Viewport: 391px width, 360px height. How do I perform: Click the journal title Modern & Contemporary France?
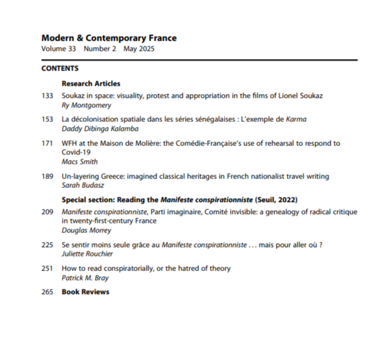pyautogui.click(x=109, y=38)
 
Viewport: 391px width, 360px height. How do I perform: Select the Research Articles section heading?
pyautogui.click(x=91, y=83)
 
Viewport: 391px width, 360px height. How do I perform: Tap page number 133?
pyautogui.click(x=47, y=96)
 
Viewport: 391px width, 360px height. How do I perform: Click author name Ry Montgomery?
pyautogui.click(x=86, y=105)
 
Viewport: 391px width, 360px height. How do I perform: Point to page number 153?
pyautogui.click(x=47, y=119)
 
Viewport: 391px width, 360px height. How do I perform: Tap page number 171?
pyautogui.click(x=47, y=143)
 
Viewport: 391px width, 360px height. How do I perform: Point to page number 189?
pyautogui.click(x=47, y=176)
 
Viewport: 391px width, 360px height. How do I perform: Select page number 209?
pyautogui.click(x=47, y=211)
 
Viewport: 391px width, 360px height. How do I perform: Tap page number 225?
pyautogui.click(x=47, y=244)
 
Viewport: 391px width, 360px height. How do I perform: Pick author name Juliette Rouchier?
pyautogui.click(x=88, y=254)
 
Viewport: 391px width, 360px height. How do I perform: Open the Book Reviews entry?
pyautogui.click(x=85, y=292)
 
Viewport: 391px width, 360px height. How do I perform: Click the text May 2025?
pyautogui.click(x=139, y=49)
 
